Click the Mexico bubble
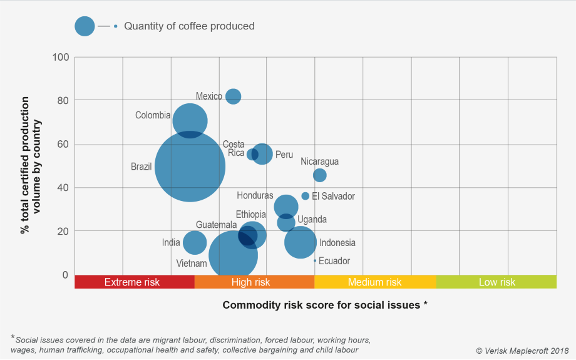click(x=233, y=96)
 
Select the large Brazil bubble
click(x=190, y=167)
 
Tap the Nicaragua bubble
click(x=319, y=175)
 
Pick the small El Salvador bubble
click(x=306, y=196)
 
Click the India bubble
click(x=195, y=242)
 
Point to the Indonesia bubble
click(x=301, y=242)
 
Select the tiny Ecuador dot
click(x=315, y=261)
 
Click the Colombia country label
click(x=153, y=115)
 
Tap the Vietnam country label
click(x=192, y=264)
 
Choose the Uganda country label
click(x=312, y=220)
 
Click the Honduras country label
click(x=255, y=196)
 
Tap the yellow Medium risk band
click(x=374, y=282)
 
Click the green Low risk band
click(x=496, y=282)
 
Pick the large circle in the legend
click(x=85, y=26)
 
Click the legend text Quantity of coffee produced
click(x=189, y=26)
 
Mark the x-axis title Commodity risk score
click(x=325, y=305)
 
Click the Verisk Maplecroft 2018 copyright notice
click(x=522, y=351)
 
